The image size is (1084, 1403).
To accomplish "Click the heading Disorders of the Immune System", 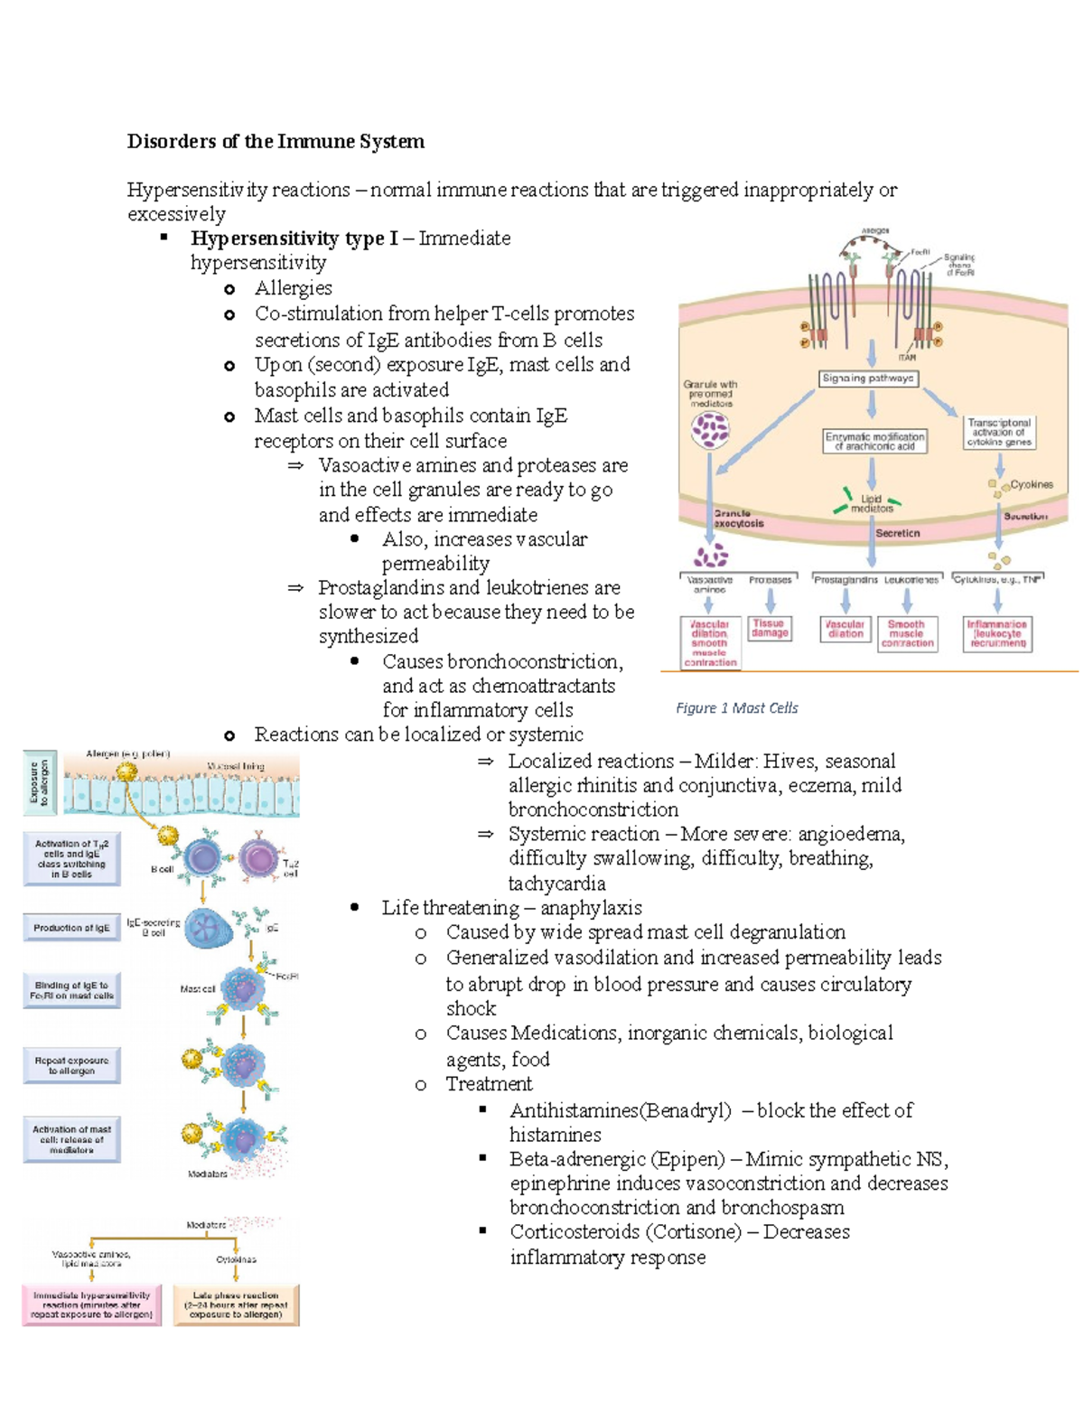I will point(276,142).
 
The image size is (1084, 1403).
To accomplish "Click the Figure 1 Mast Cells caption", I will point(736,708).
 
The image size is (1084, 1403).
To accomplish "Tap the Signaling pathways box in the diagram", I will point(868,379).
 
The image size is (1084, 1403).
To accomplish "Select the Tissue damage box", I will point(769,629).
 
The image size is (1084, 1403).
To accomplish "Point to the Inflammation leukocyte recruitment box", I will point(997,633).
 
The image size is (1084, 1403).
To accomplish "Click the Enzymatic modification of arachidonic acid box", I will point(874,441).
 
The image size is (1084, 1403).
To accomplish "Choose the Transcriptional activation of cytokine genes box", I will point(999,432).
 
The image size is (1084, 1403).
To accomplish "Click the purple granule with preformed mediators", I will point(710,430).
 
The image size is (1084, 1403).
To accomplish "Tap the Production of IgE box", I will point(71,928).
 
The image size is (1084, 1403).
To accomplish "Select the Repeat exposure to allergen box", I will point(71,1065).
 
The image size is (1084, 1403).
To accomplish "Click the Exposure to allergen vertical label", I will point(39,782).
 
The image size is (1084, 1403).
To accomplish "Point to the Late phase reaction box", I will point(235,1305).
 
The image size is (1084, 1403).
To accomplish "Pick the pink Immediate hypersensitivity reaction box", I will point(91,1305).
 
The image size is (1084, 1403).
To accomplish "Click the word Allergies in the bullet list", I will point(294,288).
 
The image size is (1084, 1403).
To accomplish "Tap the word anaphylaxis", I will point(591,908).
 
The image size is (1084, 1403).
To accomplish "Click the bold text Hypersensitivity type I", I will point(294,239).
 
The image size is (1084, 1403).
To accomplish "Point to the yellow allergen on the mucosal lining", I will point(126,771).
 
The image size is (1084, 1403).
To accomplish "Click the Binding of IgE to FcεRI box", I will point(71,991).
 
